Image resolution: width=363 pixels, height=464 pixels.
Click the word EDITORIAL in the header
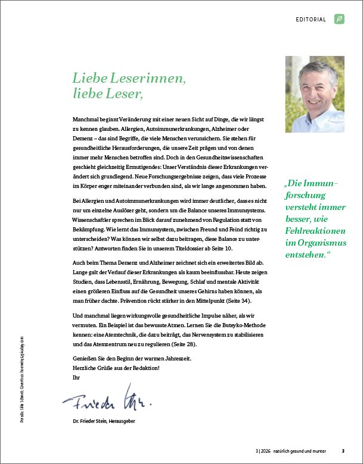click(311, 20)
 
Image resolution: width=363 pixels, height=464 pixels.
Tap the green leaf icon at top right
click(339, 19)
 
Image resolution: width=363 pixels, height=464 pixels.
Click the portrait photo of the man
click(314, 94)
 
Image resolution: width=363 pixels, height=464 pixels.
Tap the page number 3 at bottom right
click(343, 450)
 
